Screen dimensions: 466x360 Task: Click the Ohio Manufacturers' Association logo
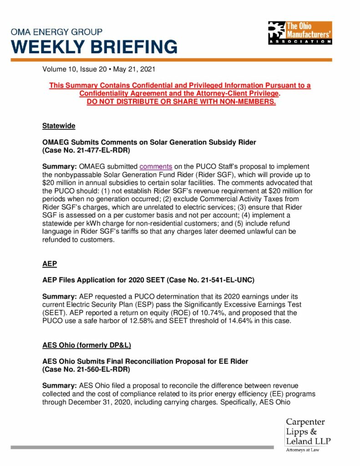[300, 32]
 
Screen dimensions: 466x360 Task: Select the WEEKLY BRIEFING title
[94, 47]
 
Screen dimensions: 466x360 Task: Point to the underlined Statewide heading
[59, 125]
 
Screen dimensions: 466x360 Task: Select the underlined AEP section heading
[50, 263]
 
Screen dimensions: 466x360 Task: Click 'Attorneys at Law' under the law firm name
[303, 450]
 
